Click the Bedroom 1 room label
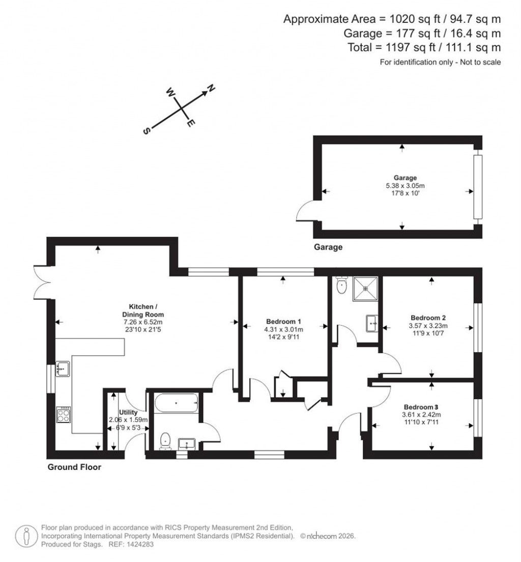click(284, 321)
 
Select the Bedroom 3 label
click(421, 407)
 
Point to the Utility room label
click(128, 412)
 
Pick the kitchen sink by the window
click(63, 368)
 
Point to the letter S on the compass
click(147, 130)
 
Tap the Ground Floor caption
click(74, 467)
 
